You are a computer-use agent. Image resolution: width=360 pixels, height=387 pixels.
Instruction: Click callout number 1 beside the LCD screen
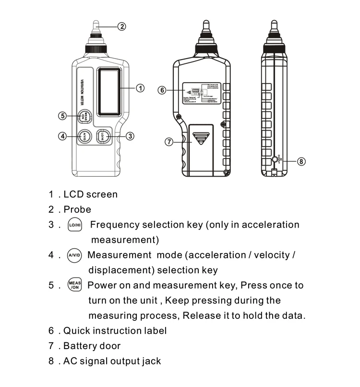pos(140,88)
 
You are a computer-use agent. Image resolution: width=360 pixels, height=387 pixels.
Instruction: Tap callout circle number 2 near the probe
pos(122,26)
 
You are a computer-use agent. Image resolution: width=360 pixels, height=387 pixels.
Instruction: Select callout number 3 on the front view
pos(130,136)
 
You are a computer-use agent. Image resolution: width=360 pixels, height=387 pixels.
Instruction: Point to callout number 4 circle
pos(62,136)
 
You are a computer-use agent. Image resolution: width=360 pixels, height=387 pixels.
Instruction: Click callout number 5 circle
pos(62,116)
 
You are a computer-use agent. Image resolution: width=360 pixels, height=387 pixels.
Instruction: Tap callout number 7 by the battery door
pos(168,142)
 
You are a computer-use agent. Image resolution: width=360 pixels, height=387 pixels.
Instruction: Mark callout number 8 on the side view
pos(301,161)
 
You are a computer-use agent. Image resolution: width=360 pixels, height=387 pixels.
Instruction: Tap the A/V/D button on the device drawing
pos(84,136)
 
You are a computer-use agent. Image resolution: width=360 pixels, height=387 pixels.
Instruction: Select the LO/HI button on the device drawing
pos(104,136)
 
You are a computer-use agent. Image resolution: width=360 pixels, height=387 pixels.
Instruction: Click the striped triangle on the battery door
pos(200,139)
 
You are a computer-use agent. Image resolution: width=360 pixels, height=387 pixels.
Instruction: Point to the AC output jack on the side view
pos(275,159)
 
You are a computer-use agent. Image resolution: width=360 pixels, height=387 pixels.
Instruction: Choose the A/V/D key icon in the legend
pos(74,255)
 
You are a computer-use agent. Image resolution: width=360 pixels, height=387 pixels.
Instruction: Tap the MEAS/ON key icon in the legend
pos(74,285)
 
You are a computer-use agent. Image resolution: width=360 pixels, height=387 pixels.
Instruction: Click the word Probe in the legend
pos(77,210)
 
